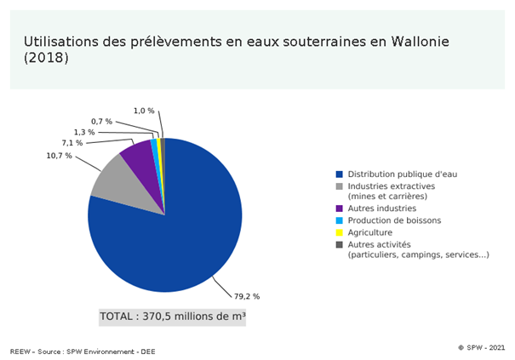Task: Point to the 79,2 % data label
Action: (x=246, y=296)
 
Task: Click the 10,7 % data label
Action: (x=59, y=156)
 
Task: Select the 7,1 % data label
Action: (x=72, y=143)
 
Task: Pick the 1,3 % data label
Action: (x=84, y=132)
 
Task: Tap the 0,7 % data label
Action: (x=101, y=122)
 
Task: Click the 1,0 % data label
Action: (x=144, y=111)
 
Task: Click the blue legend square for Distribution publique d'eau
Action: (x=340, y=174)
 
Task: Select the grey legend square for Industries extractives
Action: (x=340, y=186)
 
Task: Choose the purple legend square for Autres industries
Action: (x=340, y=209)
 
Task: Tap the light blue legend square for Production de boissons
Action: (x=340, y=220)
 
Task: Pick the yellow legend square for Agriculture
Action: (x=340, y=232)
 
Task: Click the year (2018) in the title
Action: (x=46, y=59)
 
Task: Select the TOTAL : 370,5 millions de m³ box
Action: (x=173, y=317)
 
